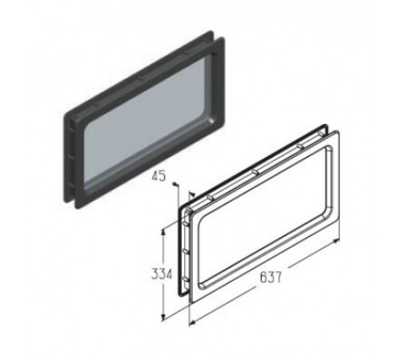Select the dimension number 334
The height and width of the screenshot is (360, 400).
tap(162, 274)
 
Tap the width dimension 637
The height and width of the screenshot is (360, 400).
tap(270, 278)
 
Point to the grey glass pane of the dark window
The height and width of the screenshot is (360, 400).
tap(150, 121)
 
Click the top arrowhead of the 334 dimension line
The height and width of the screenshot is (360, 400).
tap(164, 230)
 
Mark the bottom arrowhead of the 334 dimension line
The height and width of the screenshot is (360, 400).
tap(163, 317)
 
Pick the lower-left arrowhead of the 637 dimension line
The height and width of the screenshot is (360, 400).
tap(191, 324)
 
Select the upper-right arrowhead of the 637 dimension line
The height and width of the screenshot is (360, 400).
tap(337, 241)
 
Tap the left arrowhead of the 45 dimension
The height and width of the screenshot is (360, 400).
tap(174, 184)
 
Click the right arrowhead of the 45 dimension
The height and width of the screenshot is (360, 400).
tap(192, 193)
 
